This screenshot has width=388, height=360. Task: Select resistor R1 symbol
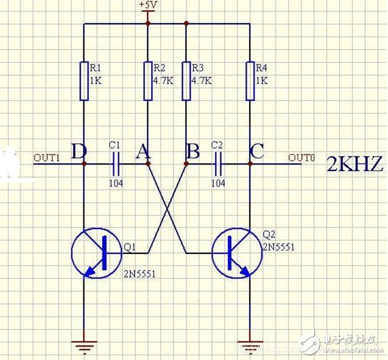[83, 80]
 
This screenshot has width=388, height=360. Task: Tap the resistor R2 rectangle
[147, 80]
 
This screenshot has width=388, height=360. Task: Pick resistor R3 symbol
[186, 80]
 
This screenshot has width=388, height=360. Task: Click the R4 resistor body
[250, 80]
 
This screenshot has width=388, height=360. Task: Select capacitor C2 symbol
[218, 163]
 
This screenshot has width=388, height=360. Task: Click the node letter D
[78, 152]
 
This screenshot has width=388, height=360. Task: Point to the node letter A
[143, 152]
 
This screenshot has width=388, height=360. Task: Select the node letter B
[192, 152]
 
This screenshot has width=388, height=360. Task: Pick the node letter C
[257, 152]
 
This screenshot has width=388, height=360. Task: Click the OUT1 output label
[47, 158]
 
